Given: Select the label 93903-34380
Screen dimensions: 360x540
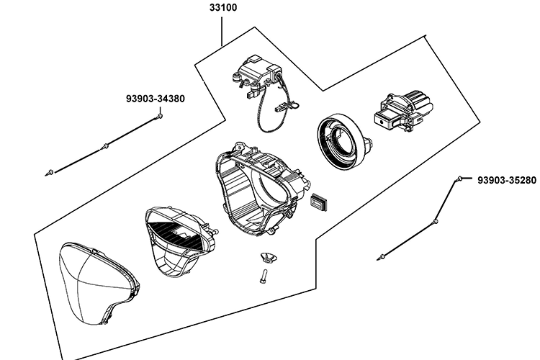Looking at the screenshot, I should pos(155,99).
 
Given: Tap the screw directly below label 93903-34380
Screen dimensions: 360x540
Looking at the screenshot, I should pos(158,116).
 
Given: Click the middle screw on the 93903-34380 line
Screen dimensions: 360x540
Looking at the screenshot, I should pos(105,147).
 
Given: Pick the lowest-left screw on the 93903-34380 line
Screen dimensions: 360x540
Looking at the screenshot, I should pos(50,172).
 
